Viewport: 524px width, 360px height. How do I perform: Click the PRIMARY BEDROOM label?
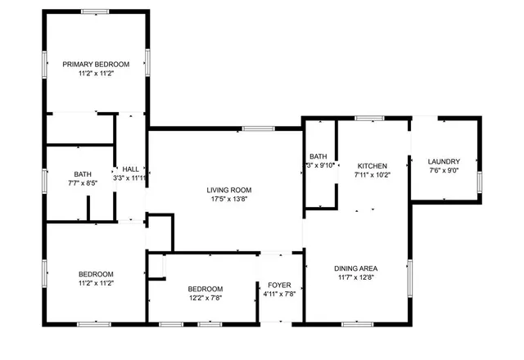pyautogui.click(x=96, y=64)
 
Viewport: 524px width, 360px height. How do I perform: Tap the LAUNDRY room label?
pyautogui.click(x=445, y=161)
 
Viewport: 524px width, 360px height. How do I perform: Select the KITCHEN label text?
pyautogui.click(x=373, y=164)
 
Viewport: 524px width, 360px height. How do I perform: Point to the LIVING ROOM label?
pyautogui.click(x=228, y=190)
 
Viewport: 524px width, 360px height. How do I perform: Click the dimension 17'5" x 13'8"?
pyautogui.click(x=228, y=199)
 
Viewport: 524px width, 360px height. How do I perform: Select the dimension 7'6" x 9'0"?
pyautogui.click(x=445, y=171)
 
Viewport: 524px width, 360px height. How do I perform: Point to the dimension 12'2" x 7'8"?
pyautogui.click(x=205, y=298)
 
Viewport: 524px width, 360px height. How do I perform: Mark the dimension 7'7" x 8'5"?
pyautogui.click(x=83, y=183)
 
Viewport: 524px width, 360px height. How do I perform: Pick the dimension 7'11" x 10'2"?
pyautogui.click(x=373, y=174)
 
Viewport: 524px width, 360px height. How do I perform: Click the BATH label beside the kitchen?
pyautogui.click(x=318, y=156)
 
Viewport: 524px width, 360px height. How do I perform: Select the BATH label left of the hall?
pyautogui.click(x=83, y=173)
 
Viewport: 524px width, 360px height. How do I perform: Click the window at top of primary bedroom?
pyautogui.click(x=95, y=11)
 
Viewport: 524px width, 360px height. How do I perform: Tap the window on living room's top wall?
pyautogui.click(x=258, y=128)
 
